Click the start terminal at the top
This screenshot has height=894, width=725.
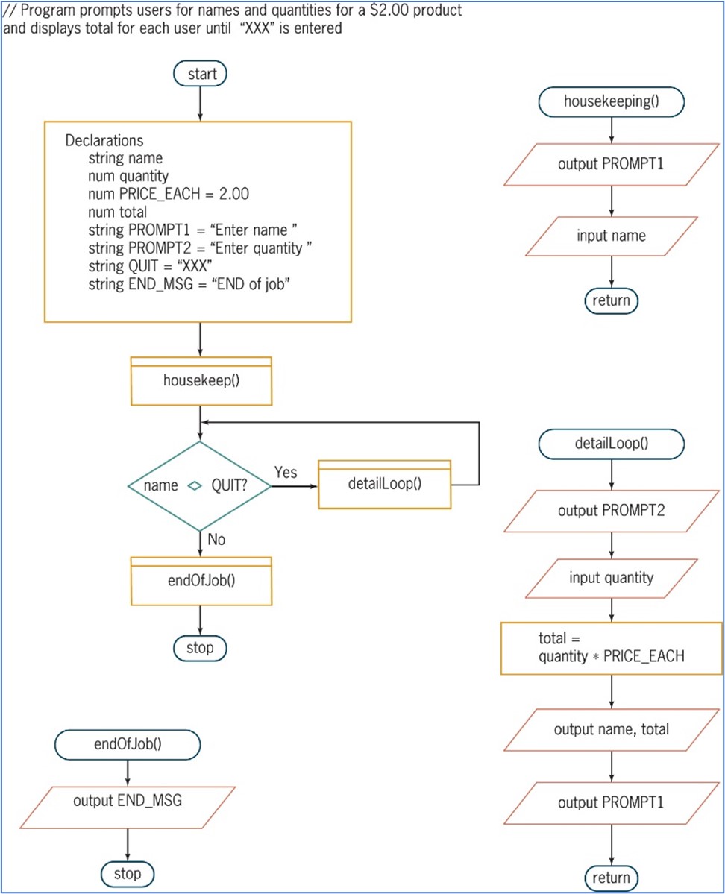(200, 74)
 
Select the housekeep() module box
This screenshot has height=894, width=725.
(200, 381)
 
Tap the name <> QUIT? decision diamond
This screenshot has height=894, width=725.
(200, 485)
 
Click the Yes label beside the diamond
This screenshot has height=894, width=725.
(286, 473)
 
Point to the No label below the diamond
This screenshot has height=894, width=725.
(216, 540)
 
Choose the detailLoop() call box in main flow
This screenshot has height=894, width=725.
(384, 484)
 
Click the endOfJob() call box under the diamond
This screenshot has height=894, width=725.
(200, 580)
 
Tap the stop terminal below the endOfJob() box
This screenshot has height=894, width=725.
(200, 648)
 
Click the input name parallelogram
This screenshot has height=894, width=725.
(611, 236)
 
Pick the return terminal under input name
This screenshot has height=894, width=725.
(611, 300)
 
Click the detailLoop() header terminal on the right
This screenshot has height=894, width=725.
(611, 443)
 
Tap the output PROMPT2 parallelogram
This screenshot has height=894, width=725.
(611, 511)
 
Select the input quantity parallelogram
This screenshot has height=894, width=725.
(611, 578)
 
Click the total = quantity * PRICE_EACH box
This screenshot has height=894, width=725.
(611, 648)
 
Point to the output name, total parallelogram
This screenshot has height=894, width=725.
(611, 729)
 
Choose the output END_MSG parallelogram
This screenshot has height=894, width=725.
(128, 802)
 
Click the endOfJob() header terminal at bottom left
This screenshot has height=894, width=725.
(128, 743)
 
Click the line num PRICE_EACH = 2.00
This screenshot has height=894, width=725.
(168, 194)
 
